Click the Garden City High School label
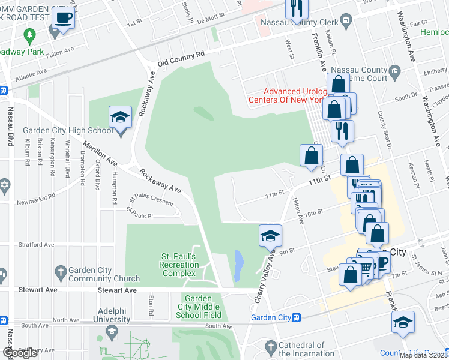pyautogui.click(x=67, y=131)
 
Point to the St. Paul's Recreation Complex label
pyautogui.click(x=179, y=265)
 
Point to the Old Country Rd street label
pyautogui.click(x=181, y=58)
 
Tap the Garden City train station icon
pyautogui.click(x=296, y=318)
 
